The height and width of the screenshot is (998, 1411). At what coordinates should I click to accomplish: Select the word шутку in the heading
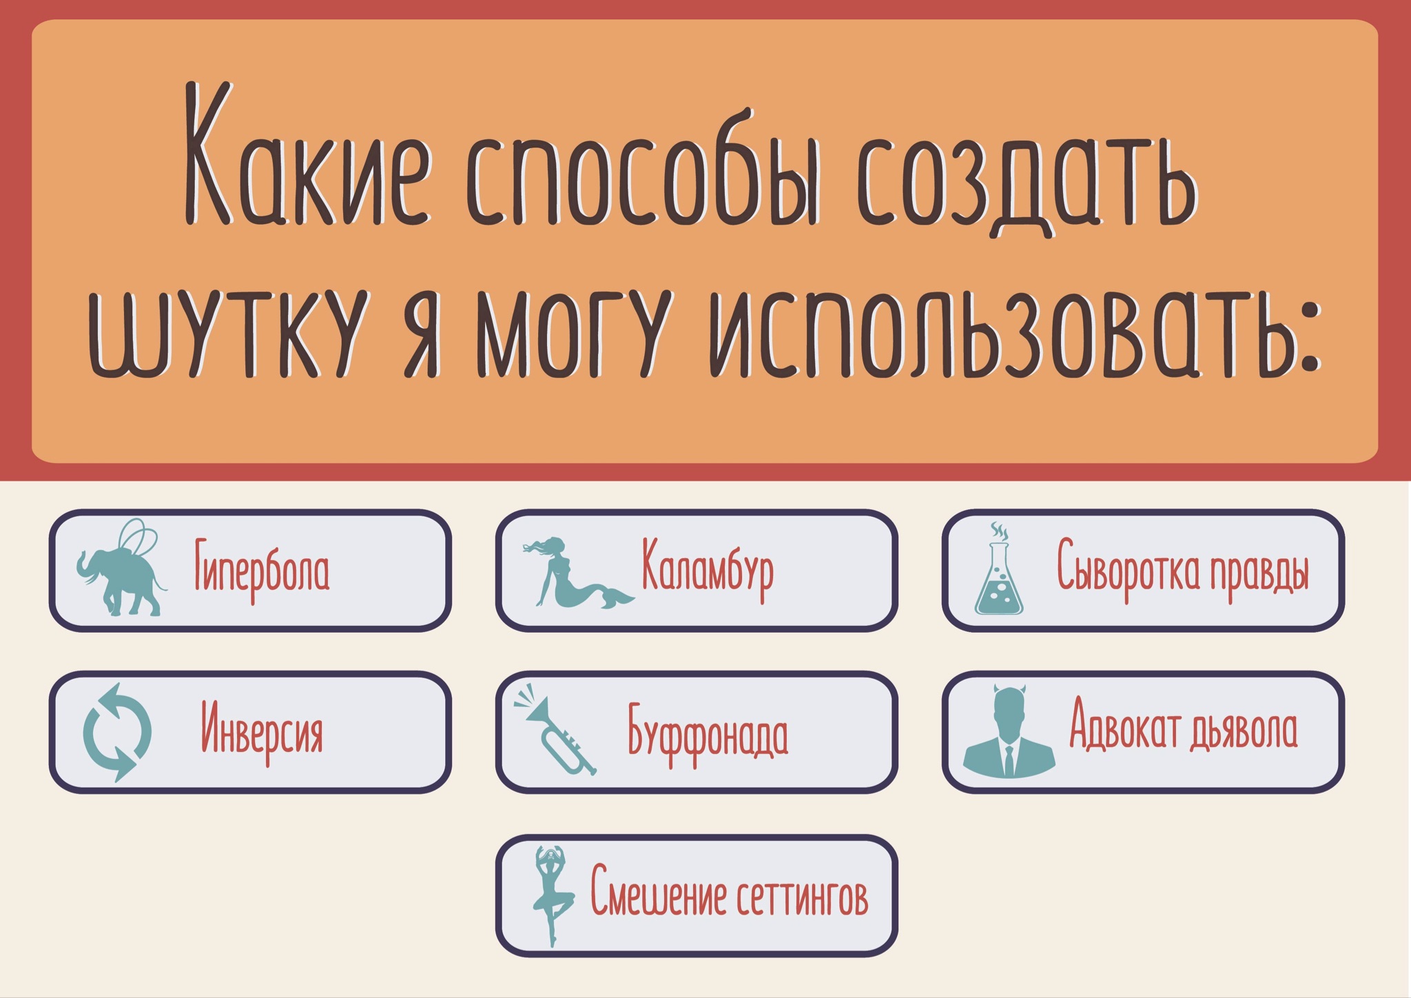227,334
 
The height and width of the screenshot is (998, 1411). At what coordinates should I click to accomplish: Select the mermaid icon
578,573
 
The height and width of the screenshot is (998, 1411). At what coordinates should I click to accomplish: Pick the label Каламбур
708,568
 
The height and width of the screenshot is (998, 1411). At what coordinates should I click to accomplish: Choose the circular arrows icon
117,732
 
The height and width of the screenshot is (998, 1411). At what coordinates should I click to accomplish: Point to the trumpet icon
555,729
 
